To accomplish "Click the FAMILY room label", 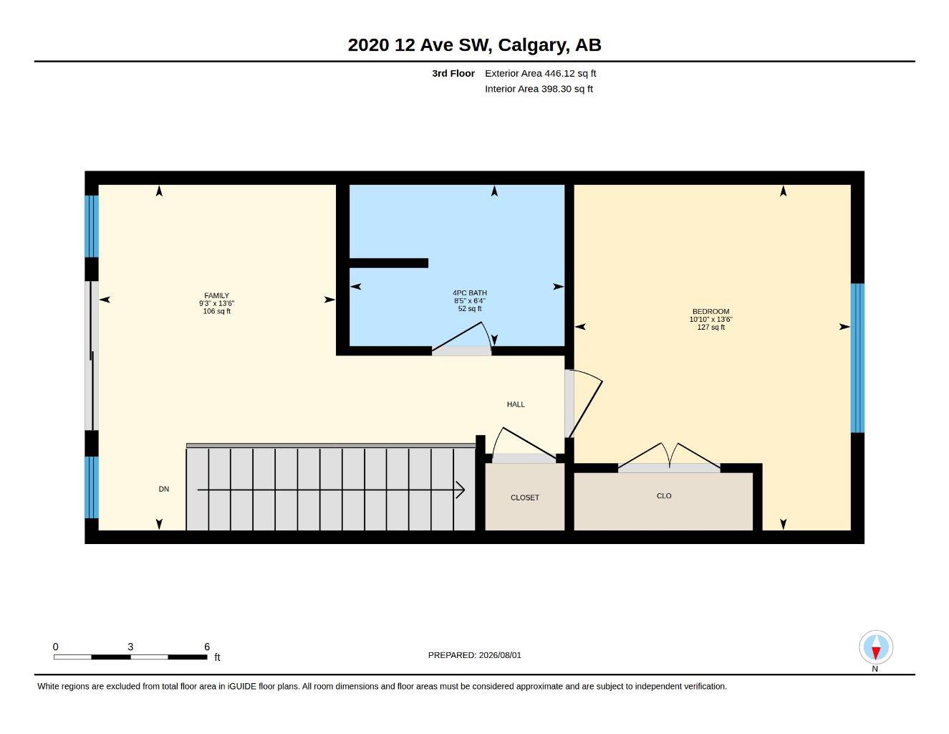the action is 216,296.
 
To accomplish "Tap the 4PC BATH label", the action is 469,293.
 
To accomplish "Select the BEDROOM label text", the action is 711,312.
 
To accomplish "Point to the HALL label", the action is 516,404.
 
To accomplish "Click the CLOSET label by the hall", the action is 525,497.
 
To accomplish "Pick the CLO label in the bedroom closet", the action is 664,496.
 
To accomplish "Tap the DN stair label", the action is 164,490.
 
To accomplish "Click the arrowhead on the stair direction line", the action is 461,490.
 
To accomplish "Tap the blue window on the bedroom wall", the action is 857,358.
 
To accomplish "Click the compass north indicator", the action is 876,647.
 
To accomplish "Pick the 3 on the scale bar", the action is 130,647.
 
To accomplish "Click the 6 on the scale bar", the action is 207,647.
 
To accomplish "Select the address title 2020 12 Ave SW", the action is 420,45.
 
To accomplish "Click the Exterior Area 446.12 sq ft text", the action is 540,73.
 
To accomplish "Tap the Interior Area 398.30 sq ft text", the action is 539,89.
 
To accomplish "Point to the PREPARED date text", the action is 475,655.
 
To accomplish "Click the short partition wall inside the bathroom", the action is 389,263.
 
